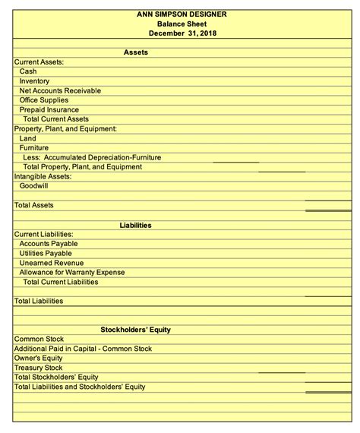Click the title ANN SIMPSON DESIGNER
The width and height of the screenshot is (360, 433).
pos(181,14)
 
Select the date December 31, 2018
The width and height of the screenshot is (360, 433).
pos(181,33)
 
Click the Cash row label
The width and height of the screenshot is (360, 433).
pos(28,71)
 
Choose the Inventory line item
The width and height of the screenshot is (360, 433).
pos(34,81)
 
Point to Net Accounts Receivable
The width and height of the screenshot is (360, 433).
pos(60,91)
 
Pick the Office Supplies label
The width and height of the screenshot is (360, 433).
pos(49,100)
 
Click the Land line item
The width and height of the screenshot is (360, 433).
pos(27,139)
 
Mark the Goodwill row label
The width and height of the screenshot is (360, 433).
pos(33,186)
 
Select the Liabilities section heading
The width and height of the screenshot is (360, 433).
pos(135,225)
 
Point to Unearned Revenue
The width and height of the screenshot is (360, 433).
pos(52,263)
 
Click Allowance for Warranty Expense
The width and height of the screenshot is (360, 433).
pos(72,272)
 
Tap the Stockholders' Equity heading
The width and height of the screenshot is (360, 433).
pos(135,330)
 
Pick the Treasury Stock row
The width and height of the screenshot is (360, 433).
pos(38,368)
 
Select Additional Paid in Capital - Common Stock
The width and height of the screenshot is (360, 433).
pos(84,349)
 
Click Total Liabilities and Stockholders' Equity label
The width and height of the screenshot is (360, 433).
pos(80,387)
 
